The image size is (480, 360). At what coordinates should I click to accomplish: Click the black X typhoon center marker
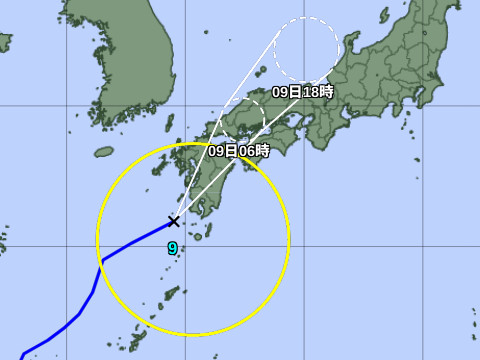[174, 221]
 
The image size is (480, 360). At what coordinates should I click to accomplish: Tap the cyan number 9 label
[172, 248]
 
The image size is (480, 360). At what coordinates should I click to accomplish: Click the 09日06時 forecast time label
[239, 150]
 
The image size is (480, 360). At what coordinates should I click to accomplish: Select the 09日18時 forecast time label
[303, 91]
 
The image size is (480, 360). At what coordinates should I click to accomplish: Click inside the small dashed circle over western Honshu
[241, 116]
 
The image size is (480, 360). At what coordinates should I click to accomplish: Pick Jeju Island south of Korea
[105, 153]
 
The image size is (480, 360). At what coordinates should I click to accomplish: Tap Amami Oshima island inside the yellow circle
[172, 294]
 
